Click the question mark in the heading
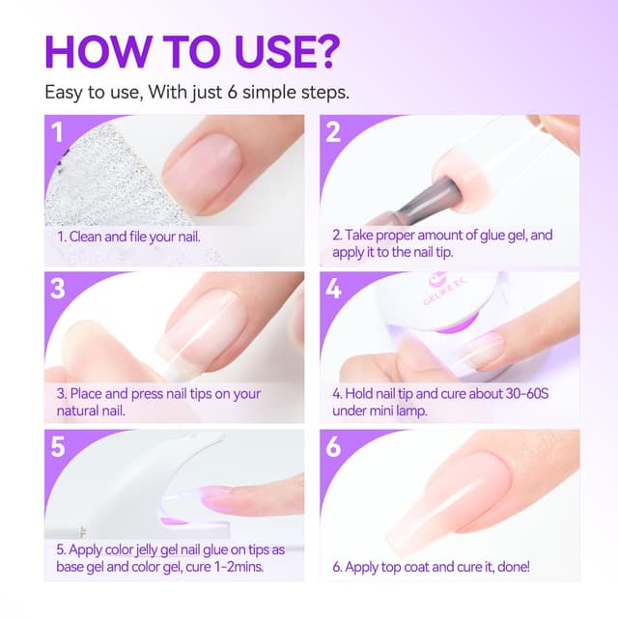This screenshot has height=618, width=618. point(324,51)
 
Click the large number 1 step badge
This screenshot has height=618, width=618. point(58,132)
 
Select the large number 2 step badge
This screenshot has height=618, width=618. point(333,132)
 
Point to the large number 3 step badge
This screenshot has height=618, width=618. point(58,289)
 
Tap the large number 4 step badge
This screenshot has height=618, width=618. point(333,289)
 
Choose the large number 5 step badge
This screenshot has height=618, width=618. point(58,446)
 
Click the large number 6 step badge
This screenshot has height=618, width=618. point(333,446)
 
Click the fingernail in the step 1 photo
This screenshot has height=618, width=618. point(202,174)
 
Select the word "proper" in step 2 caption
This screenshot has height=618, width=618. point(395,236)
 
